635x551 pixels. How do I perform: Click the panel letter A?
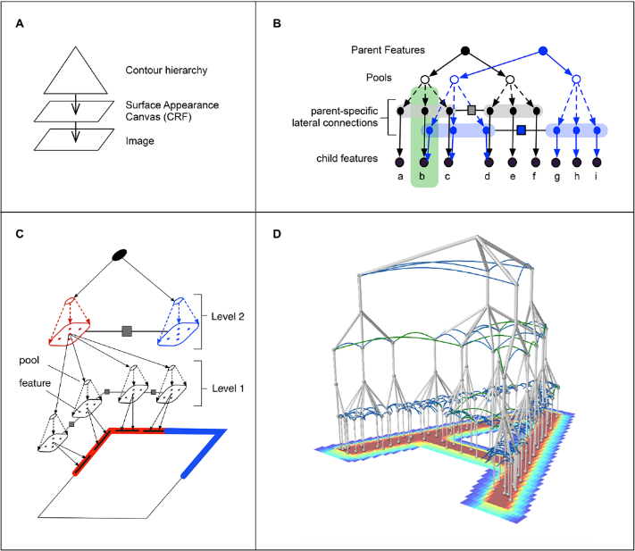tap(20, 23)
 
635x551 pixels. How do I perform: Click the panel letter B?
tap(277, 23)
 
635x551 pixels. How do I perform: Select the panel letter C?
tap(20, 234)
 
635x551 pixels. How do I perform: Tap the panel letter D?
tap(277, 234)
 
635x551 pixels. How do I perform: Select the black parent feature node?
tap(464, 51)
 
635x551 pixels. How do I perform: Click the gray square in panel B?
tap(472, 111)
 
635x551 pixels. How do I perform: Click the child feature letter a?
tap(400, 177)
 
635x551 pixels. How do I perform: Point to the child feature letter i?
tap(597, 177)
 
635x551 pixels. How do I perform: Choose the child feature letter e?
tap(512, 177)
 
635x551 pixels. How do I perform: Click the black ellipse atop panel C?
tap(118, 255)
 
